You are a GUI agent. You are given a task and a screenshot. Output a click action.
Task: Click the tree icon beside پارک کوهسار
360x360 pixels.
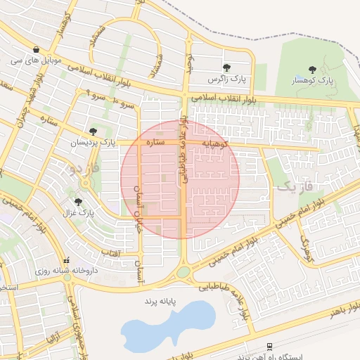(313, 70)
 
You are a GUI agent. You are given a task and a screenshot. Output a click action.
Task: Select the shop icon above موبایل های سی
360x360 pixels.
(35, 49)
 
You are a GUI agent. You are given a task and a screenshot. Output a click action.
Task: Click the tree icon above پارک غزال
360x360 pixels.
(78, 201)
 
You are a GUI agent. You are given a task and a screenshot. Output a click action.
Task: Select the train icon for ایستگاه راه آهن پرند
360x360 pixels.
(270, 345)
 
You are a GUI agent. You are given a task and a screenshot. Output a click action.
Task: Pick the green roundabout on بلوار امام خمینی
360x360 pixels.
(184, 271)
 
